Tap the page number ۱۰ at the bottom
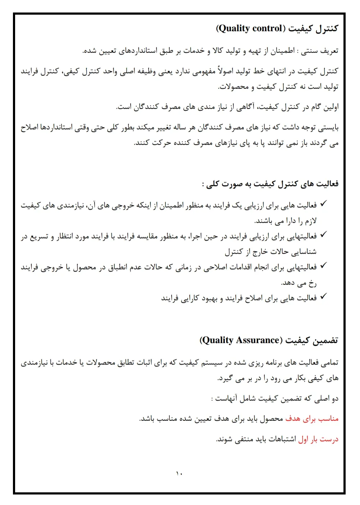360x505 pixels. coord(179,473)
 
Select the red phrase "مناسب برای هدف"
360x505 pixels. coord(312,419)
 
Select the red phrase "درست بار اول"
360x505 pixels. coord(318,439)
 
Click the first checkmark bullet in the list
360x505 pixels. coord(323,204)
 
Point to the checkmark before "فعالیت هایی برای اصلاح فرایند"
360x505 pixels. coord(323,296)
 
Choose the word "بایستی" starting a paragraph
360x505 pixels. coord(328,127)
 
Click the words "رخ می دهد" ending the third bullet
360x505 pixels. coord(299,283)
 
